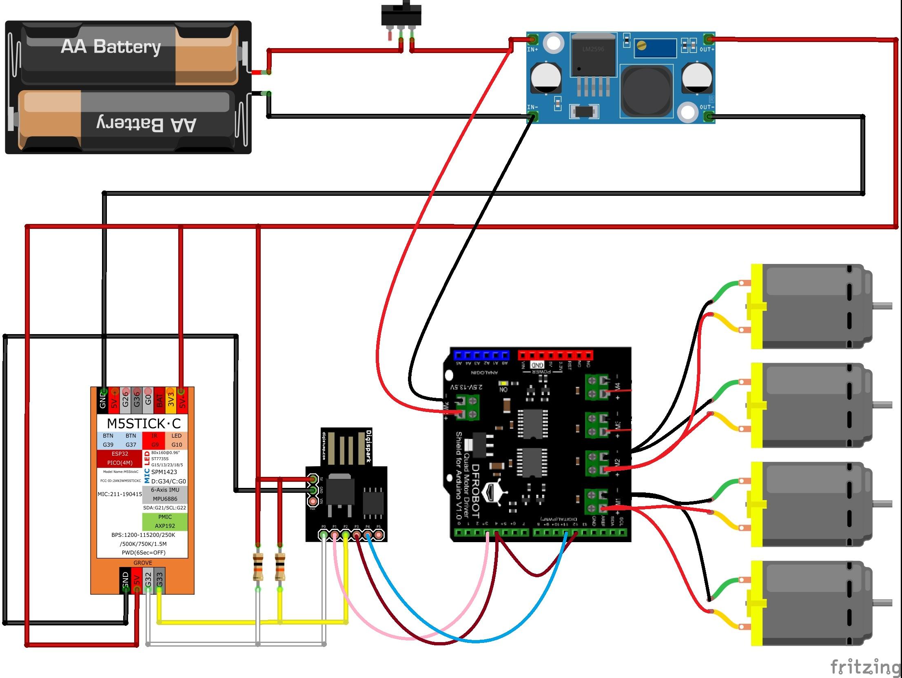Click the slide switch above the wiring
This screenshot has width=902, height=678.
401,16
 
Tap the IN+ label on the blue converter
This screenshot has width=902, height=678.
532,49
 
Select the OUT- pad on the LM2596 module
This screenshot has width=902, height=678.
709,117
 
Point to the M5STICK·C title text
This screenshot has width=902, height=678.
143,423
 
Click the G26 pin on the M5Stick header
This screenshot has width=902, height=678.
126,398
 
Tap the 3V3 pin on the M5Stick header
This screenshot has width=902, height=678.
171,398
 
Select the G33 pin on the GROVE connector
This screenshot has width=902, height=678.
160,580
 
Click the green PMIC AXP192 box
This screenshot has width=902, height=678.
165,521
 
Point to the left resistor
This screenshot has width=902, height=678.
258,567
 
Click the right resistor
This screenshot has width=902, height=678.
280,567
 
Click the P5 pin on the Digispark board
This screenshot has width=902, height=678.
379,535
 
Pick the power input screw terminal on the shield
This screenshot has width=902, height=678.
467,408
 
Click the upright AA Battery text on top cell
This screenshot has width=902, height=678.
111,47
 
